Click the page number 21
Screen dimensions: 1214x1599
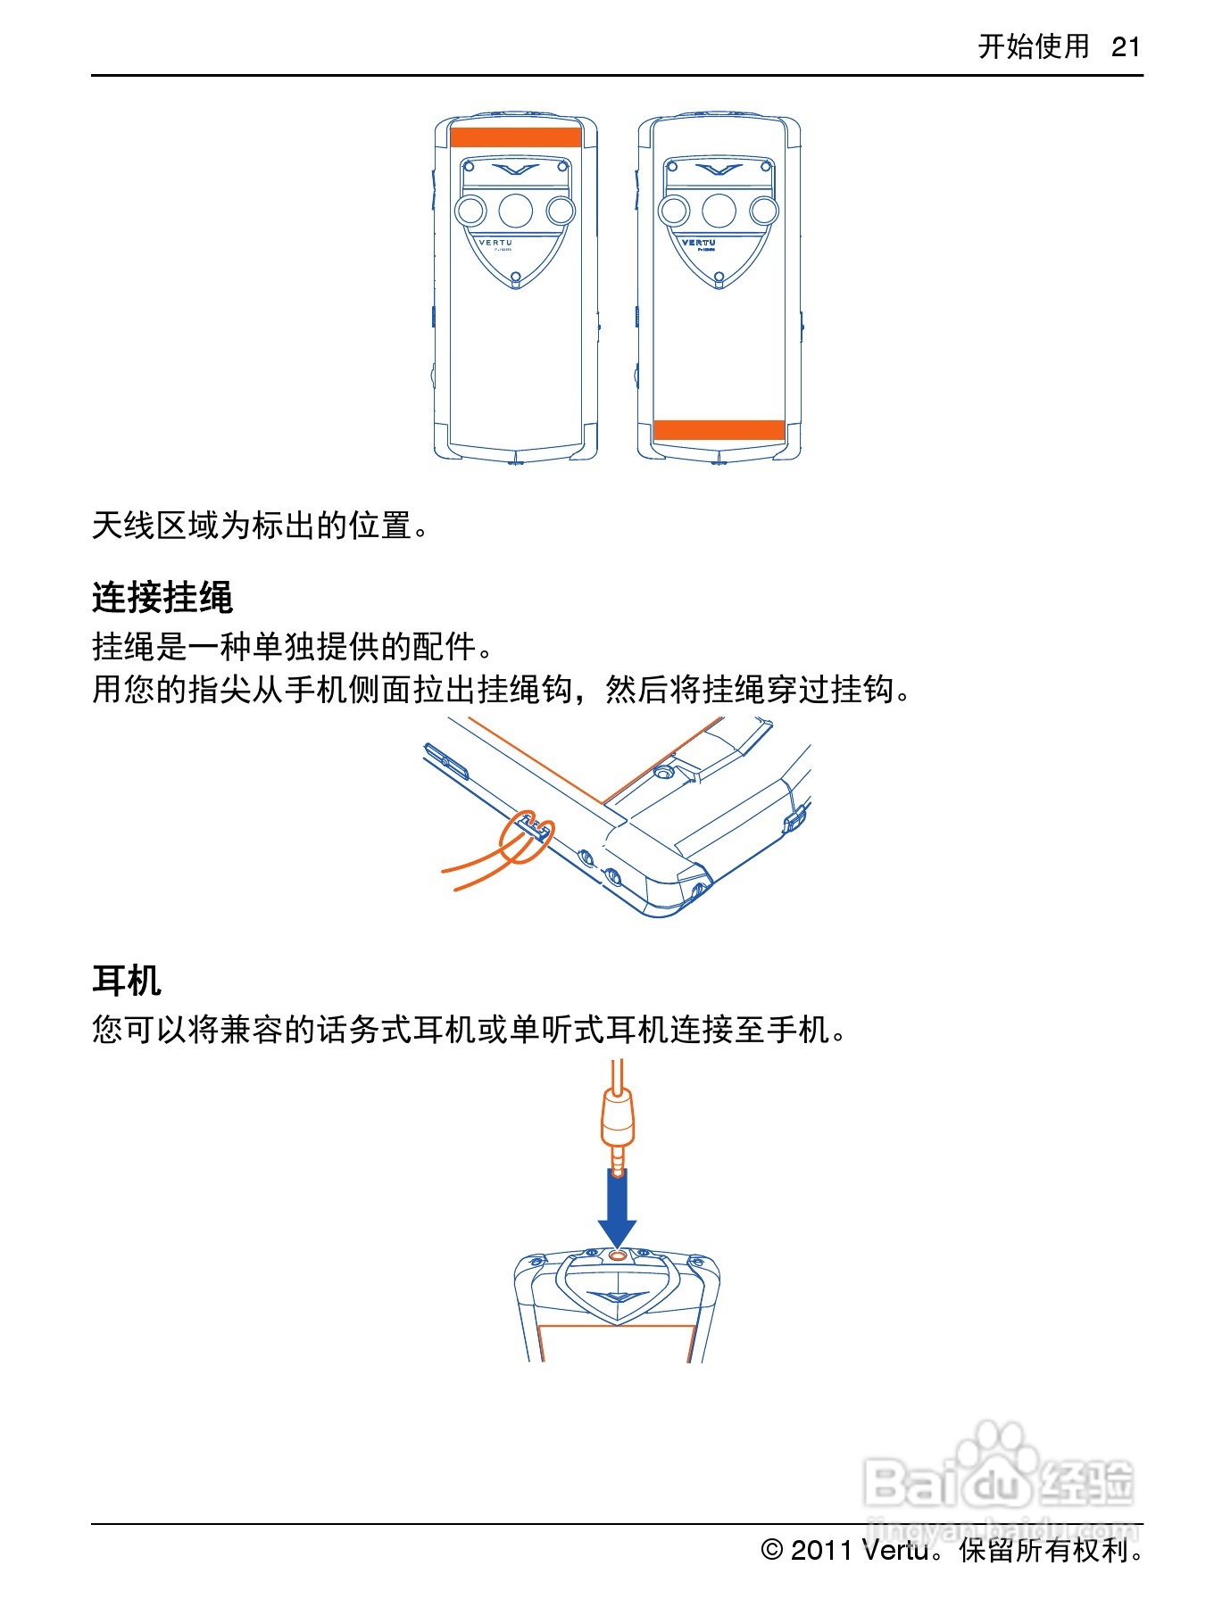point(1126,46)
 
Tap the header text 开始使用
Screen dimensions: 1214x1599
point(1034,46)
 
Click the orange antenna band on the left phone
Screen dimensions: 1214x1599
point(516,137)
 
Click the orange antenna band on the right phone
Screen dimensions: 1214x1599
point(719,429)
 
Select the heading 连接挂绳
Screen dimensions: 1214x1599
point(162,597)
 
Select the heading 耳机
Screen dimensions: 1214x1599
point(127,981)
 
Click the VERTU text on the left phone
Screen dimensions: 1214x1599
point(495,243)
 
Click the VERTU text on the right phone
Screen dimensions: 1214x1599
point(698,243)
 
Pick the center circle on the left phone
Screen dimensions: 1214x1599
point(516,211)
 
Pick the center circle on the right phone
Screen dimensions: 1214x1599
point(719,211)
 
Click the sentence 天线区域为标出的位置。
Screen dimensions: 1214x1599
point(261,526)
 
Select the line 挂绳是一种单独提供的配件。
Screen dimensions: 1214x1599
point(293,646)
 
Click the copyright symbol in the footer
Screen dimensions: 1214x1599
point(772,1550)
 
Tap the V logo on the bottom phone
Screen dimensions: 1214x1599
point(618,1297)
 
